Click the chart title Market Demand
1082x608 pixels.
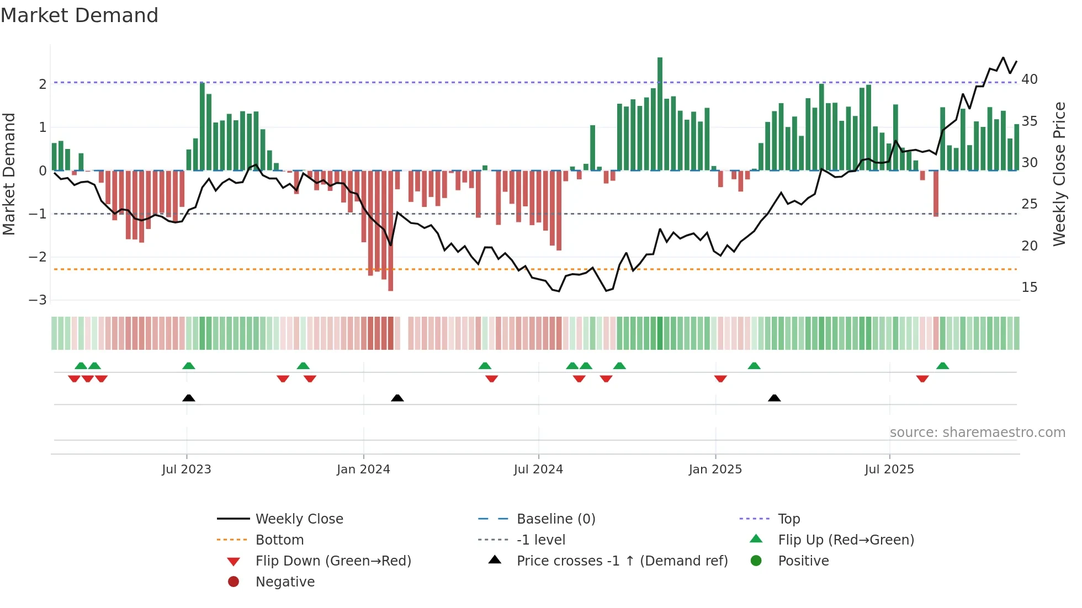click(79, 15)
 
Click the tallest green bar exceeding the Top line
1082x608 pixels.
click(660, 113)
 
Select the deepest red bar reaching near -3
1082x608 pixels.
click(391, 232)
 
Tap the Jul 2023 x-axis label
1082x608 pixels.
click(187, 469)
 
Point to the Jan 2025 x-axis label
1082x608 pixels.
click(715, 469)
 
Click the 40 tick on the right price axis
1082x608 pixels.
click(1029, 79)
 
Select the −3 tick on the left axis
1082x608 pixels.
click(38, 300)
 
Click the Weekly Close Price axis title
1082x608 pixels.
click(1059, 174)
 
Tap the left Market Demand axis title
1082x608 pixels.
click(9, 174)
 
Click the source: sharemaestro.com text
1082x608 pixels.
click(977, 432)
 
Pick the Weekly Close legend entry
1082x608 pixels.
click(299, 519)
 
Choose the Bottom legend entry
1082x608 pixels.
click(279, 540)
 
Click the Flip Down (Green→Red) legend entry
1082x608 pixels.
click(333, 561)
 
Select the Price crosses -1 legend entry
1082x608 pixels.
click(622, 561)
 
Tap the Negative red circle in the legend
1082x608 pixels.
click(234, 582)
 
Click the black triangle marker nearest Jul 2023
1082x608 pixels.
click(189, 398)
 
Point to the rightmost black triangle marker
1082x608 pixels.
click(775, 398)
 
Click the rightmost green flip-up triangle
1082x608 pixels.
click(942, 366)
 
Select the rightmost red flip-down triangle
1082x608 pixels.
click(922, 378)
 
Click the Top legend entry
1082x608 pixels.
click(789, 519)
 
